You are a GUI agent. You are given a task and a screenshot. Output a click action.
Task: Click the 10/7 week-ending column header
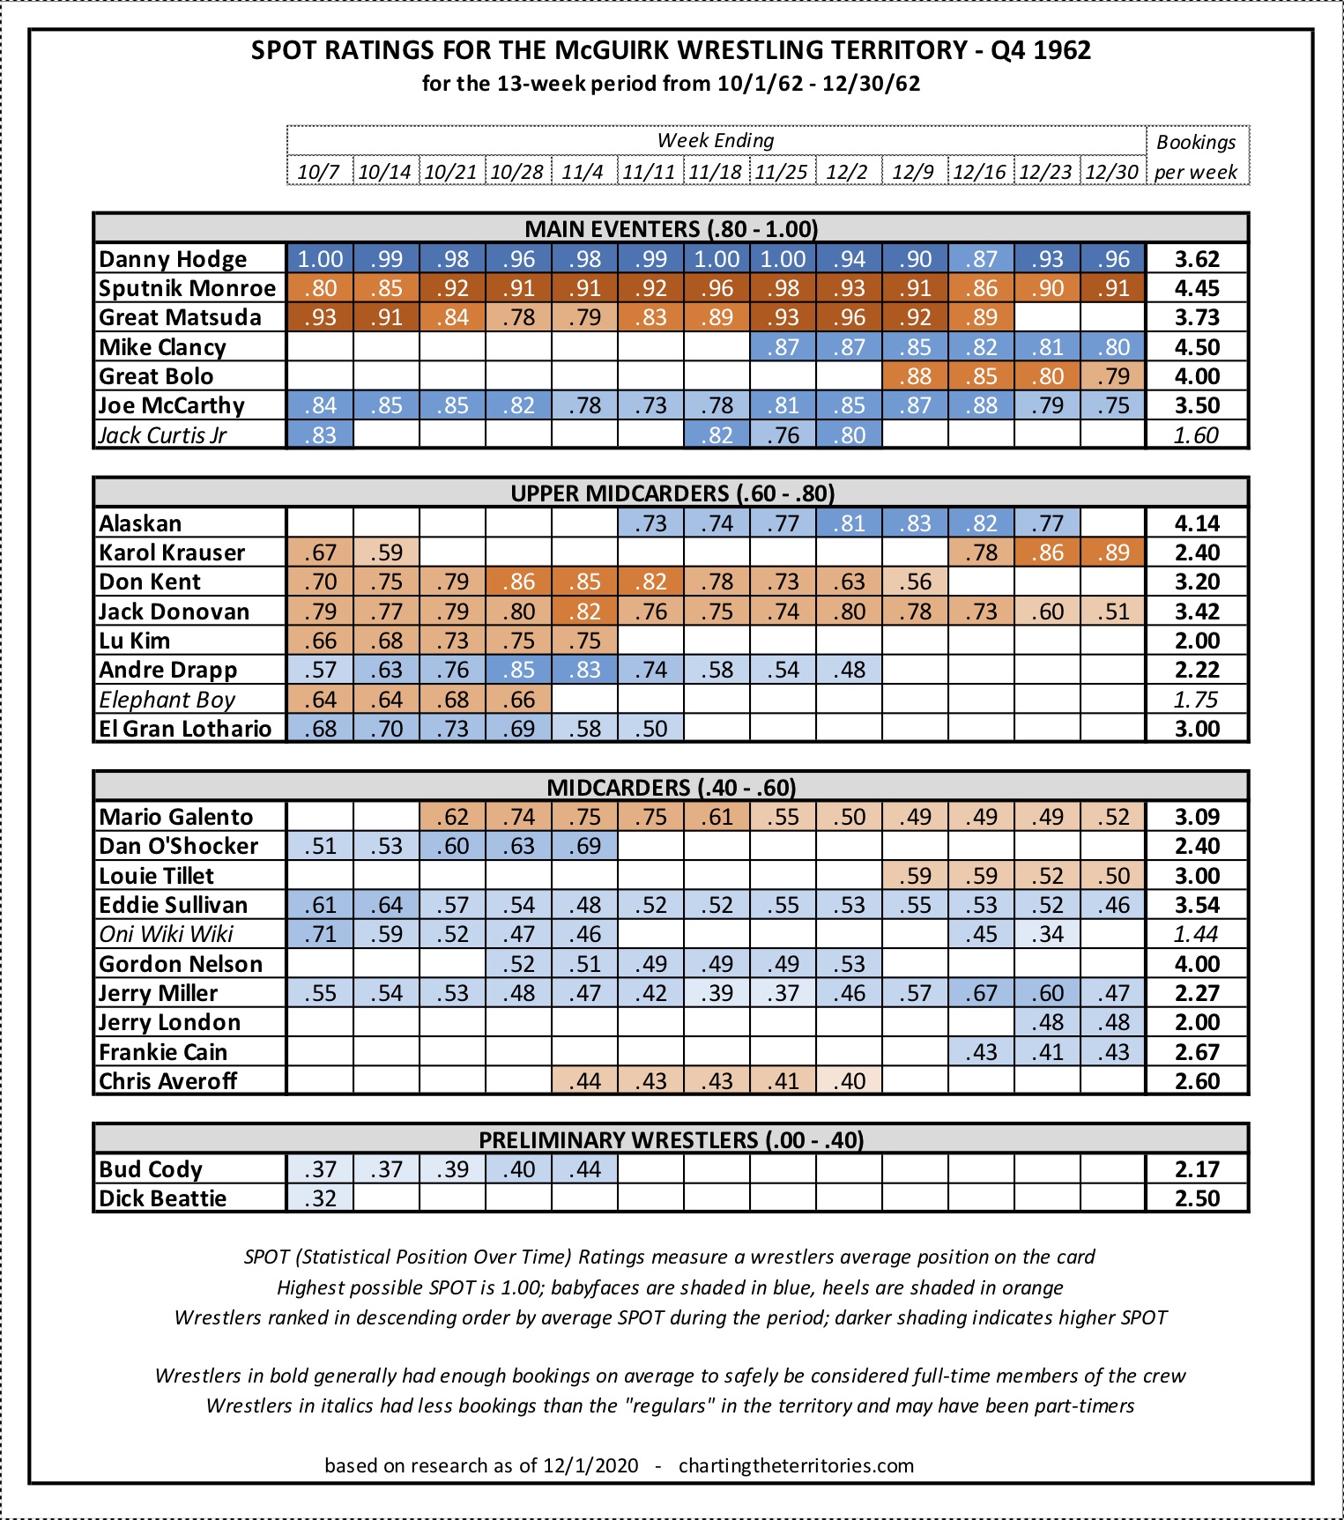coord(319,171)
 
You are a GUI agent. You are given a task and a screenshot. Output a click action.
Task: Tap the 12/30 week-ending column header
coord(1112,171)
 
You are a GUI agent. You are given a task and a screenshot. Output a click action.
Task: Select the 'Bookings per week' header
coord(1196,156)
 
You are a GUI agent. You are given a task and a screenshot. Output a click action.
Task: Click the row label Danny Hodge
coord(173,259)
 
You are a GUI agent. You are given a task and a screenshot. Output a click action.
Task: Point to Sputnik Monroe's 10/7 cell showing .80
coord(320,288)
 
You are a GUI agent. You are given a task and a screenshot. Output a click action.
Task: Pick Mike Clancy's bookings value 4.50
coord(1197,347)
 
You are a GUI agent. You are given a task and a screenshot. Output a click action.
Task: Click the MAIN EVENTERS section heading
coord(671,229)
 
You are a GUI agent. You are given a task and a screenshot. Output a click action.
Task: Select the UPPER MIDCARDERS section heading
coord(672,493)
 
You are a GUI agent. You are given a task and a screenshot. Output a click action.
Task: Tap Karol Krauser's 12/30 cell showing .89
coord(1113,552)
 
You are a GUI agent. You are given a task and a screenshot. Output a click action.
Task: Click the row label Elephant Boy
coord(167,700)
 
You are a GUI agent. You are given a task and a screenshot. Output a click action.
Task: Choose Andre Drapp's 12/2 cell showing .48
coord(849,670)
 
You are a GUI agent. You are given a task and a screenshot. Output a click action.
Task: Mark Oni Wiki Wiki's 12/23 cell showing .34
coord(1047,934)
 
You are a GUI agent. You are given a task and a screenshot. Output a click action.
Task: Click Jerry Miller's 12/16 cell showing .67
coord(981,993)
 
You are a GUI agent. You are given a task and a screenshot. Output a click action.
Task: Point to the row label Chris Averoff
coord(167,1081)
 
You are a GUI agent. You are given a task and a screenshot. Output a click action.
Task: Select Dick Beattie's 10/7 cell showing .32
coord(320,1198)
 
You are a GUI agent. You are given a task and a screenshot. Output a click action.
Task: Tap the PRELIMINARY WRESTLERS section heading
coord(671,1139)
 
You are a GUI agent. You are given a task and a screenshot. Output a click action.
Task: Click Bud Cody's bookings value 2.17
coord(1197,1169)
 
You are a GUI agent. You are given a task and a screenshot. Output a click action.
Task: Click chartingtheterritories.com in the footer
coord(796,1465)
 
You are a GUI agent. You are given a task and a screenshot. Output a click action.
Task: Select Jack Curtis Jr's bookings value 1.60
coord(1197,435)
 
